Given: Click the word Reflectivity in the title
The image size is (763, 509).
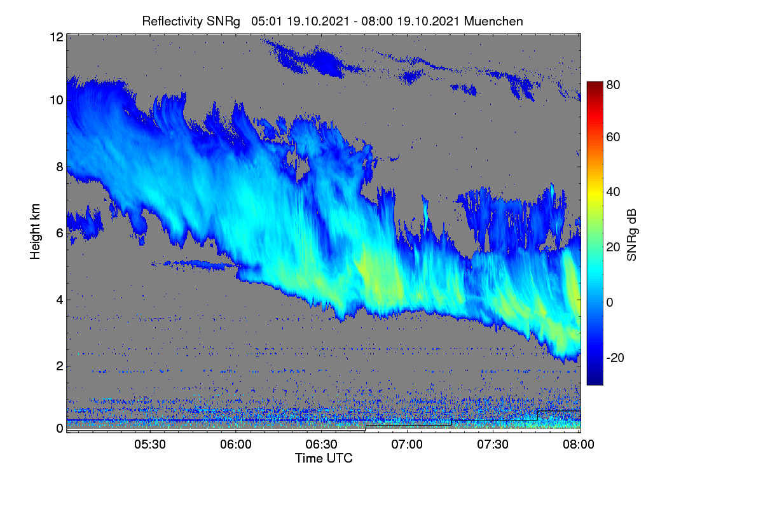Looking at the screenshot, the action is [x=169, y=22].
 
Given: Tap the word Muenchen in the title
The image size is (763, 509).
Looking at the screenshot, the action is [x=493, y=21].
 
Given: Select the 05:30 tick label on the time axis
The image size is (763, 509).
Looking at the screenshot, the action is [x=150, y=444].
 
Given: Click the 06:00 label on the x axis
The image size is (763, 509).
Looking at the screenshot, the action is [x=236, y=444].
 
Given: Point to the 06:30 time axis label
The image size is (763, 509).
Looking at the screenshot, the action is [x=321, y=444].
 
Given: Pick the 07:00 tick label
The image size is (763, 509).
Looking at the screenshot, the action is [x=407, y=444].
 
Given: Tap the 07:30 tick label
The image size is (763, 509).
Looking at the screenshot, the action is [x=493, y=444].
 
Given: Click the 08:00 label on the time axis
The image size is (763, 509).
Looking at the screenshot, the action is [x=579, y=444].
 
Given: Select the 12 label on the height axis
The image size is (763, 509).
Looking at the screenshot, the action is [x=57, y=37].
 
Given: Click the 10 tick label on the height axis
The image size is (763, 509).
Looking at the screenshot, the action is [x=57, y=101].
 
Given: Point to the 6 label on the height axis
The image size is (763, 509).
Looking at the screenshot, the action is [x=60, y=234].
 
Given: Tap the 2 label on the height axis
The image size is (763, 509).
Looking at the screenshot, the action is [x=60, y=366].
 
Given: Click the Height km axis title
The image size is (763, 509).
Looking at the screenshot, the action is [x=35, y=232].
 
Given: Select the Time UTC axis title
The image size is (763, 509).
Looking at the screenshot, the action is [x=324, y=458].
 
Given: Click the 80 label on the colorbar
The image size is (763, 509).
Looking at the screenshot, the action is [x=613, y=85].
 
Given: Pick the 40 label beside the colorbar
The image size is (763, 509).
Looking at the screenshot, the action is [x=613, y=192].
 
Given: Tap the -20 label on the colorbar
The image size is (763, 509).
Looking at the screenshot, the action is [x=615, y=358].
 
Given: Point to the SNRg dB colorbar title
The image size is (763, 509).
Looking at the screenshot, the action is [x=632, y=235].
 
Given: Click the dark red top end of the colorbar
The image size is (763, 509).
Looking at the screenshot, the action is [x=595, y=83].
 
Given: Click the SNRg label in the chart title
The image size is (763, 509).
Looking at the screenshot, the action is [x=223, y=22].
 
